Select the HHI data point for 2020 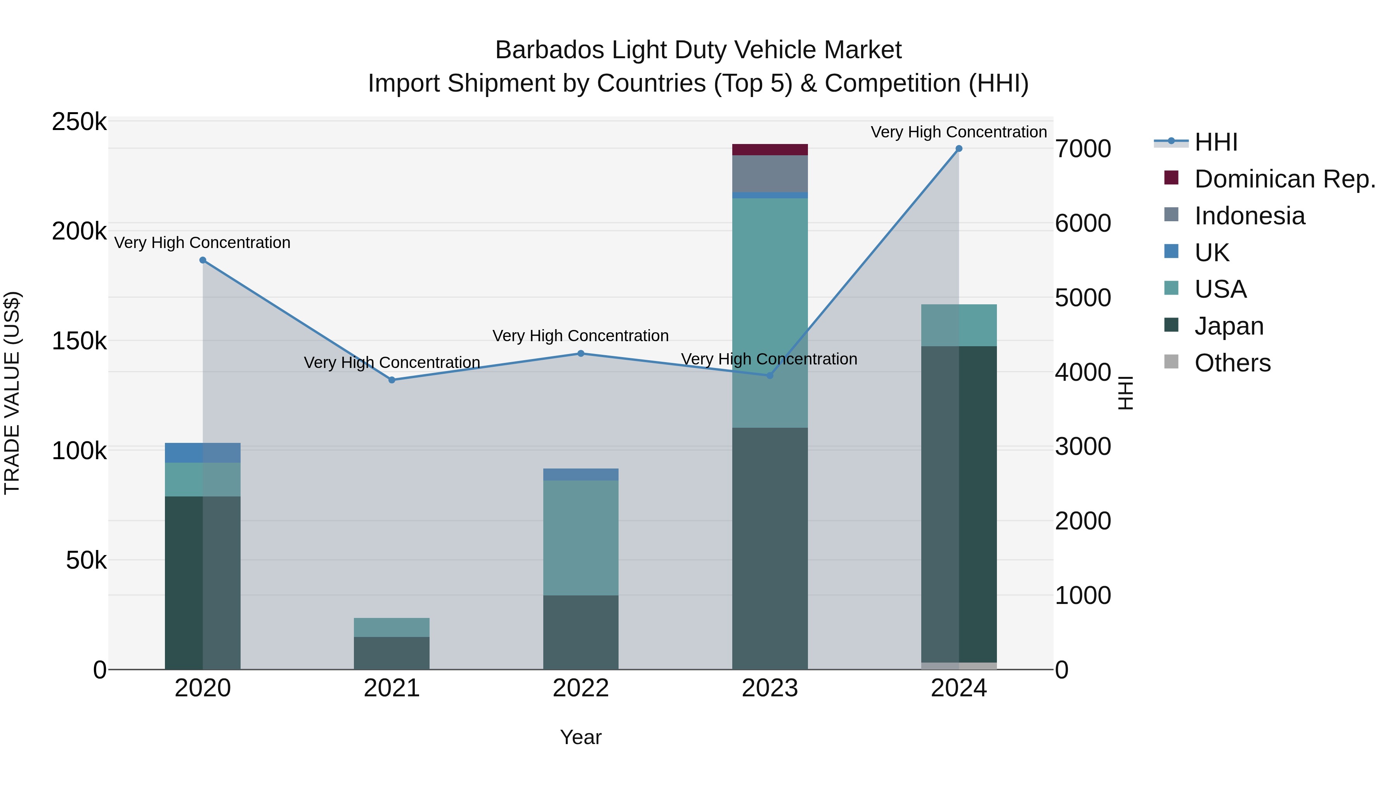pyautogui.click(x=203, y=260)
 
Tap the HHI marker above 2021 pyautogui.click(x=392, y=380)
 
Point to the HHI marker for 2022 pyautogui.click(x=581, y=354)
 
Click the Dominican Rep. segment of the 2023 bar pyautogui.click(x=770, y=150)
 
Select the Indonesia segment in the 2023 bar pyautogui.click(x=770, y=174)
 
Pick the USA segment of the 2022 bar pyautogui.click(x=581, y=537)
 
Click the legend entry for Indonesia pyautogui.click(x=1250, y=216)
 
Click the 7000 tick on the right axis pyautogui.click(x=1082, y=149)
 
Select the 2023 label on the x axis pyautogui.click(x=770, y=688)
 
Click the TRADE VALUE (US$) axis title pyautogui.click(x=12, y=393)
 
